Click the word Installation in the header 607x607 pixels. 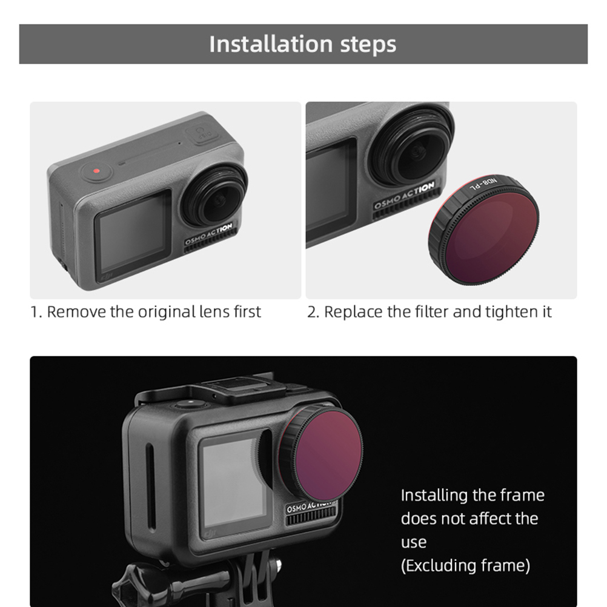click(271, 44)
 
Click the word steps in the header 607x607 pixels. click(368, 45)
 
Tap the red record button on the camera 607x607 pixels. click(97, 171)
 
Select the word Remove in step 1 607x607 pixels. click(76, 311)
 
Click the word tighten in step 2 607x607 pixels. click(508, 312)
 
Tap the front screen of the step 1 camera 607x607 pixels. click(133, 231)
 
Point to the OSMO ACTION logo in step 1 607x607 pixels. click(209, 234)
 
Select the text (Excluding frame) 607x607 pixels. click(465, 566)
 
